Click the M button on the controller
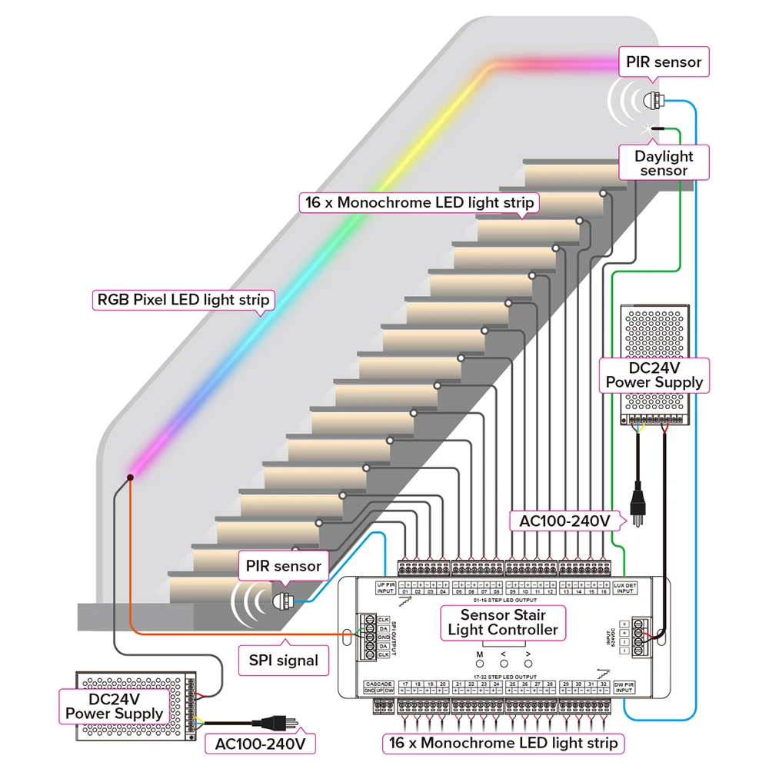(479, 663)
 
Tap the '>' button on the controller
(528, 663)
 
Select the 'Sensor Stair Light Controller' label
(503, 622)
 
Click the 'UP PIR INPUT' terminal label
(385, 588)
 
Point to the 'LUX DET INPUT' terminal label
(625, 588)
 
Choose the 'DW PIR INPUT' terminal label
(624, 687)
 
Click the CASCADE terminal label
(380, 683)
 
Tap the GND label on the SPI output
(383, 638)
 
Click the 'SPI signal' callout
(283, 660)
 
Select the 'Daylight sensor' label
(664, 163)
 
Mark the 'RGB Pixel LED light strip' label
(183, 300)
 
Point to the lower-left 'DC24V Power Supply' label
(114, 706)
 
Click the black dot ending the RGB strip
(131, 478)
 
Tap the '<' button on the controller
(504, 663)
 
